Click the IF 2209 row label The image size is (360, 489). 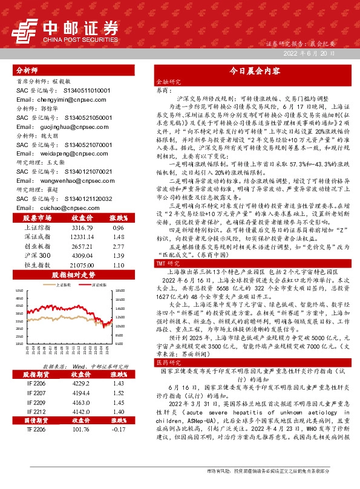[x=36, y=402]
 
